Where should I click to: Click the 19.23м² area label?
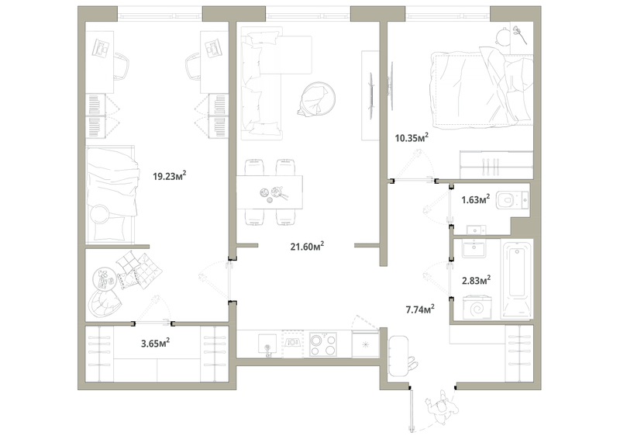(x=170, y=175)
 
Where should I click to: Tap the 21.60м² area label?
(x=307, y=246)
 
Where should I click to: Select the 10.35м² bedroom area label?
(x=412, y=137)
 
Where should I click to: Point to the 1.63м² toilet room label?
(x=476, y=199)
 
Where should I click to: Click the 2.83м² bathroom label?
(x=477, y=280)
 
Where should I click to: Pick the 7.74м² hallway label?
(x=420, y=309)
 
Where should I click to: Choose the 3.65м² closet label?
(x=156, y=343)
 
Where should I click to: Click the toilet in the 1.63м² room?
(x=512, y=200)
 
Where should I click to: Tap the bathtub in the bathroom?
(x=517, y=278)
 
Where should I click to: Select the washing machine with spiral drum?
(x=477, y=307)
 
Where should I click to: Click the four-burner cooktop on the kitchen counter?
(x=323, y=344)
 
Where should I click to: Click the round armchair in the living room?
(x=317, y=99)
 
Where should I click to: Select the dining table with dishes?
(x=270, y=192)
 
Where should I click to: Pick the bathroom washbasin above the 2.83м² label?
(x=474, y=248)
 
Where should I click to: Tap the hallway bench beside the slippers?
(x=398, y=356)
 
